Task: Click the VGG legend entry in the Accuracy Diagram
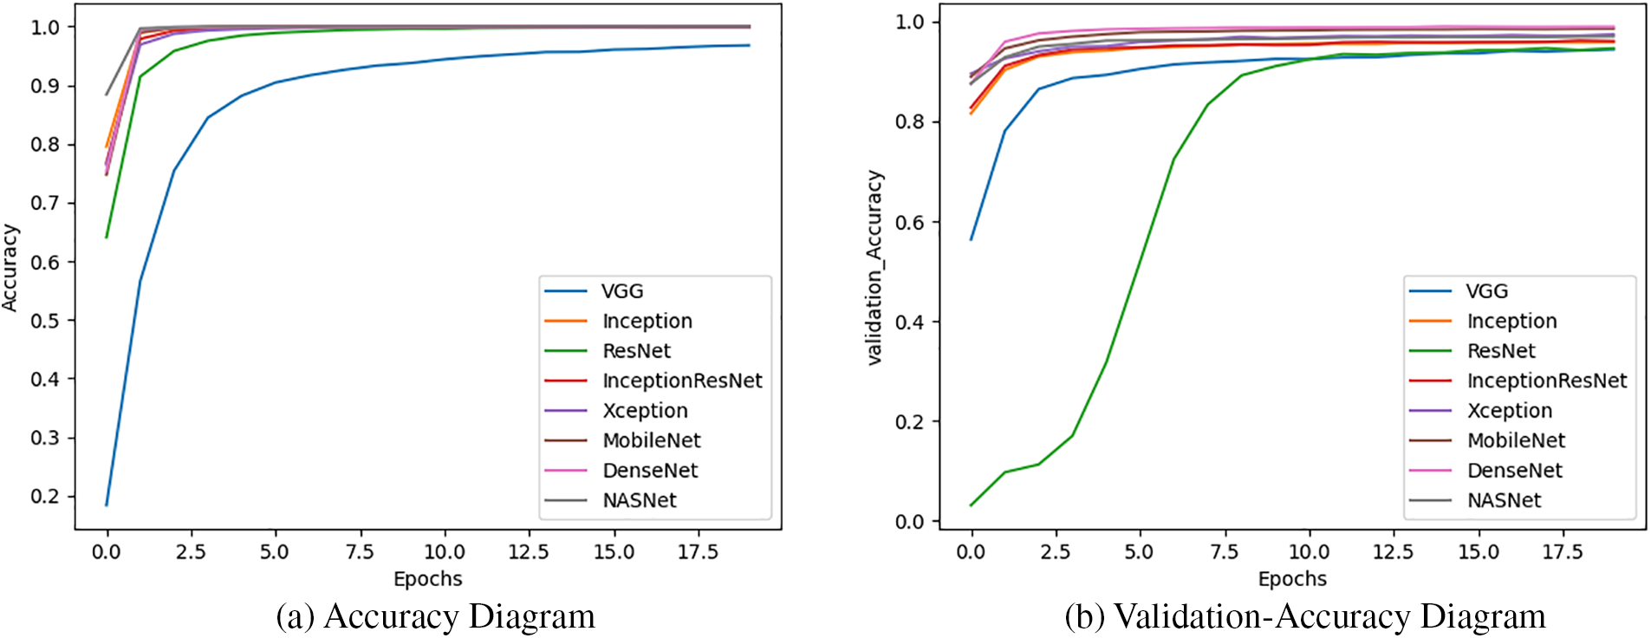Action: (622, 291)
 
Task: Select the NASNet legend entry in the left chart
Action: (639, 500)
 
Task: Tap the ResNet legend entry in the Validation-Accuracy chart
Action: (1500, 351)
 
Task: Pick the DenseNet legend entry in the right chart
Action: (1514, 471)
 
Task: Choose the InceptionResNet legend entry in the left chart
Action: (682, 381)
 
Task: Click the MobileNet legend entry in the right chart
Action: (1516, 440)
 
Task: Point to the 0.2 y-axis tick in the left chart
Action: (45, 497)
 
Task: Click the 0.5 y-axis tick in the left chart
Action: (45, 321)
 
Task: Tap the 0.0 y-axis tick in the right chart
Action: (909, 522)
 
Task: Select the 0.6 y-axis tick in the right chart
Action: (909, 222)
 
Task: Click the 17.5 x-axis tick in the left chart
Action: (698, 552)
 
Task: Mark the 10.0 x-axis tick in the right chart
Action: (1309, 552)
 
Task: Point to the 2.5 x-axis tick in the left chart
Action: (190, 552)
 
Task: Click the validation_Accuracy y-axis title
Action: (874, 267)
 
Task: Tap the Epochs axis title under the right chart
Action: (1292, 579)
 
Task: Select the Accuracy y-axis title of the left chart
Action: (10, 267)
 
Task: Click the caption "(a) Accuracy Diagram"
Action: (435, 616)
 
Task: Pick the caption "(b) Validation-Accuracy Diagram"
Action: (1305, 616)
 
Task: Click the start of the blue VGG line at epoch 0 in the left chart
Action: (107, 505)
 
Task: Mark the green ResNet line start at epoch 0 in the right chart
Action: (972, 505)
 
